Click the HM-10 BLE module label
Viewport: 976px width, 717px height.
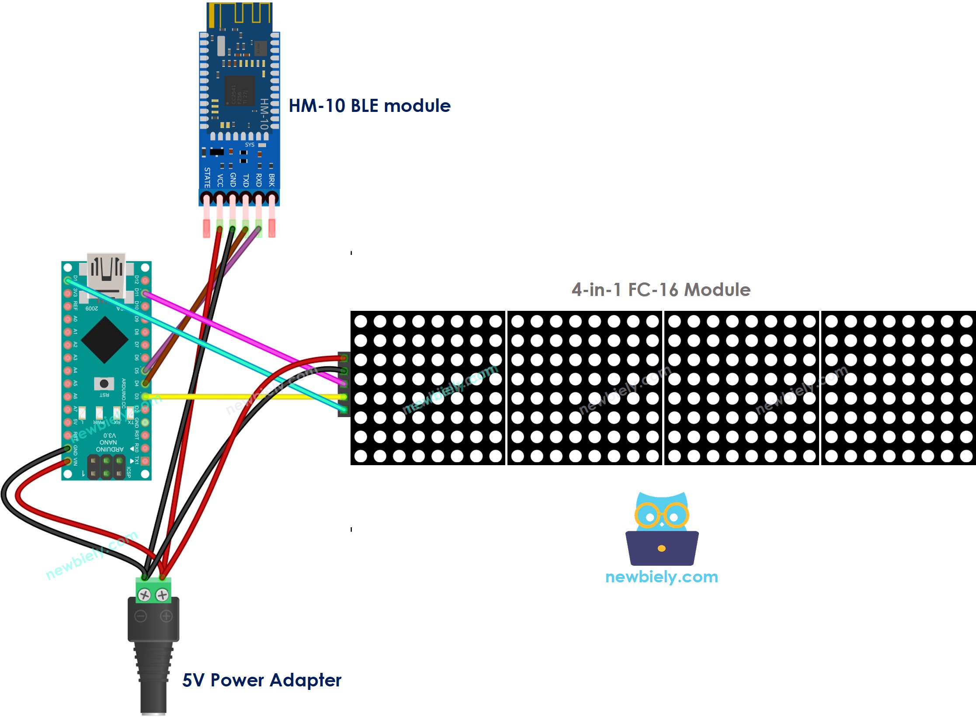[369, 106]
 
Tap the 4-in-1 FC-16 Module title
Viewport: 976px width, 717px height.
[660, 290]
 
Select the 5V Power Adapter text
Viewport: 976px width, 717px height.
[261, 680]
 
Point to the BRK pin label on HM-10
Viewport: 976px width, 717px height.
[271, 180]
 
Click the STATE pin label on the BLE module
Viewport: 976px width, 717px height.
[207, 178]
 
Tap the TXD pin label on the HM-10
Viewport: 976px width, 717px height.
[246, 180]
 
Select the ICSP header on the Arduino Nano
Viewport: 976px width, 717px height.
[106, 467]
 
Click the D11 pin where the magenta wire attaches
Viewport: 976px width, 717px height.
[146, 293]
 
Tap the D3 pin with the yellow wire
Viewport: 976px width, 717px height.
[146, 397]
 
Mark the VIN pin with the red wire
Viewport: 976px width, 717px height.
[67, 461]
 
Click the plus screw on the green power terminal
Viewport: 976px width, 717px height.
[162, 595]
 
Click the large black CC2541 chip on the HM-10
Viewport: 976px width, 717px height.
[240, 90]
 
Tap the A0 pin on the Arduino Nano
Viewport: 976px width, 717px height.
[67, 319]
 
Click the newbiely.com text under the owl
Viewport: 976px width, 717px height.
[661, 577]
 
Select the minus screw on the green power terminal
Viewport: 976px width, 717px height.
[144, 595]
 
